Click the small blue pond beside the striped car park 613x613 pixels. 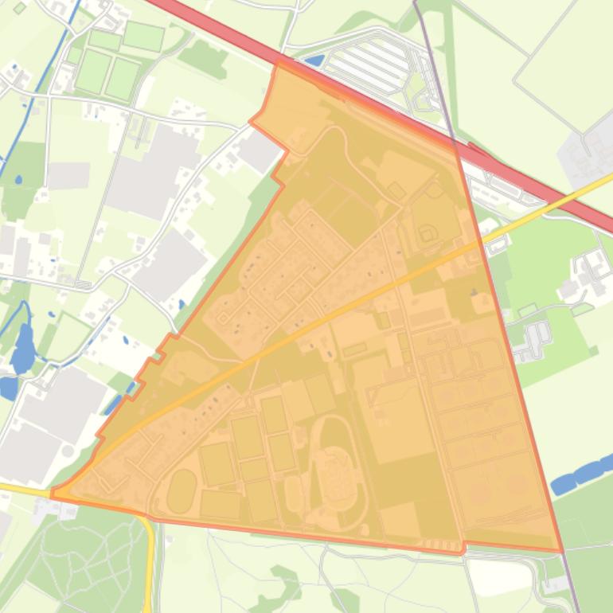point(314,61)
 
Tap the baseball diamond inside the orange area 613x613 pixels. point(428,232)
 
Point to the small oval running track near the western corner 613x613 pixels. point(182,490)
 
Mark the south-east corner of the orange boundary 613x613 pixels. point(562,550)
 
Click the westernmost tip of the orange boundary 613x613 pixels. point(53,494)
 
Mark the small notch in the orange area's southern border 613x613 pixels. point(462,547)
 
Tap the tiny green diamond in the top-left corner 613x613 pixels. point(20,8)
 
